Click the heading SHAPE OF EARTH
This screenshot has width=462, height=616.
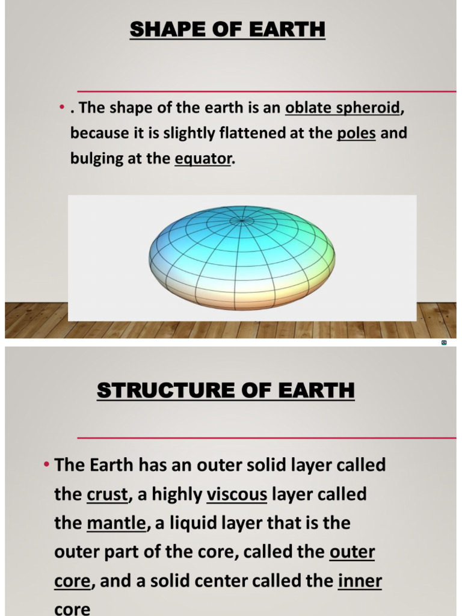point(227,29)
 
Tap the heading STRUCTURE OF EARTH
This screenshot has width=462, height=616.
point(226,390)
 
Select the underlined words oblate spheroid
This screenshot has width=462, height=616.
point(342,108)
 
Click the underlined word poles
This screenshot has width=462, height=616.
point(356,133)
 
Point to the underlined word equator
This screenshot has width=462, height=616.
point(203,159)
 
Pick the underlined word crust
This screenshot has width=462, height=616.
point(108,494)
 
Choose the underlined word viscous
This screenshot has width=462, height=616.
point(237,494)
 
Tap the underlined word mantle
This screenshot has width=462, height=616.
point(116,523)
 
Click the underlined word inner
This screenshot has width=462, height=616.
point(360,581)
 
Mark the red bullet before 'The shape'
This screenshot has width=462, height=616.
point(62,108)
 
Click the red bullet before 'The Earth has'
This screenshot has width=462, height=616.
point(46,465)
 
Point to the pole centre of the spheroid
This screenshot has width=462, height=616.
point(242,220)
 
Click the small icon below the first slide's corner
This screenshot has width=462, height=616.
point(444,342)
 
